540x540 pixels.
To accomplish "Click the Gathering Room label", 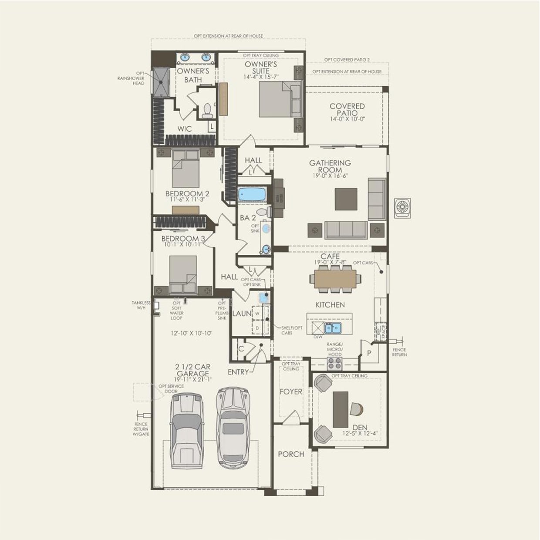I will pos(330,166).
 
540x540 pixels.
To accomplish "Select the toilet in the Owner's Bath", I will pos(207,110).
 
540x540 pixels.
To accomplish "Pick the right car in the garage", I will pos(233,427).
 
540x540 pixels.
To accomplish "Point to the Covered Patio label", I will pos(347,109).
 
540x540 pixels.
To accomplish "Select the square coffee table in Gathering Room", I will pos(346,199).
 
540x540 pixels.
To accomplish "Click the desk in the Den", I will pos(341,409).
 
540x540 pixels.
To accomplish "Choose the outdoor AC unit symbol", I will pos(402,208).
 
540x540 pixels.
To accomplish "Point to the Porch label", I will pos(291,454).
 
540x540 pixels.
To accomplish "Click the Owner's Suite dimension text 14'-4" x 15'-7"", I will pos(261,77).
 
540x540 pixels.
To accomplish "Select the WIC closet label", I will pos(184,129).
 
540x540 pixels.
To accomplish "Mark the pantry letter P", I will pos(369,353).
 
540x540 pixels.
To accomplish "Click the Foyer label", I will pos(290,391).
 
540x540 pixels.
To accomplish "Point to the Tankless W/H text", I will pos(141,305).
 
